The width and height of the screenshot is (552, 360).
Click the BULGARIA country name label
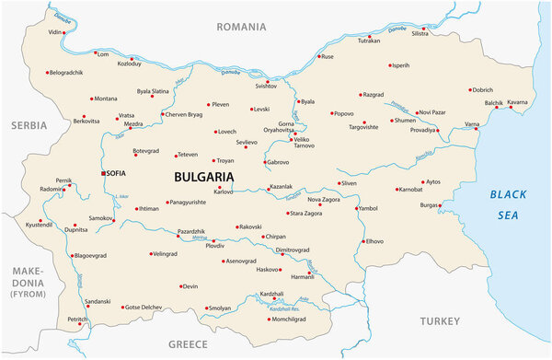tap(203, 176)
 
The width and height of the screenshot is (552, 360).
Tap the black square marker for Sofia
tap(103, 173)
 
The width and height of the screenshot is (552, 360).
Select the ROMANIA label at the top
tap(241, 27)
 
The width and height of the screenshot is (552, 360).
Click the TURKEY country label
tap(439, 320)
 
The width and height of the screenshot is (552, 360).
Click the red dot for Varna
tap(477, 129)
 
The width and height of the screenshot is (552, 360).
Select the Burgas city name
tap(430, 205)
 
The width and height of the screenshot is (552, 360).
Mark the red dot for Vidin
tap(68, 32)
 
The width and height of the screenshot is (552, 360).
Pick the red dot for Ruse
tap(317, 57)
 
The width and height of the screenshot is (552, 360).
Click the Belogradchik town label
tap(67, 72)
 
